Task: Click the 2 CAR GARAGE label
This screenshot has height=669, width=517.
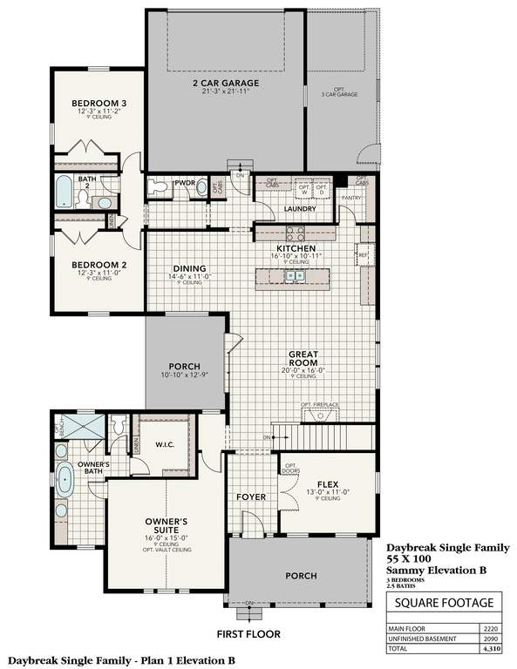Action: coord(227,84)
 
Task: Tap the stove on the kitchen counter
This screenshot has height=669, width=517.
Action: coord(295,233)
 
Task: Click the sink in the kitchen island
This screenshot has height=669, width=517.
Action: coord(297,277)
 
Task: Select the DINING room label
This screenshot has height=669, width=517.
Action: coord(188,268)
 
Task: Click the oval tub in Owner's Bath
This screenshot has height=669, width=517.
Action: coord(65,481)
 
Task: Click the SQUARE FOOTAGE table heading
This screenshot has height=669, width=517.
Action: coord(444,602)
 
